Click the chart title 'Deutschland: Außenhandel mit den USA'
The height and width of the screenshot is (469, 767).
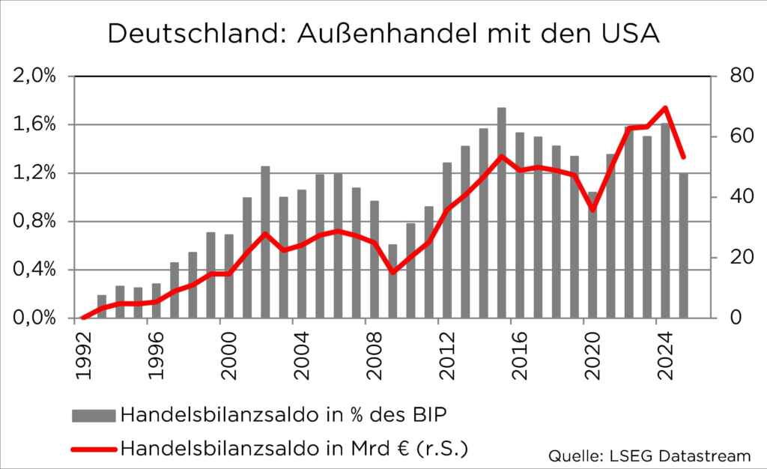(x=383, y=34)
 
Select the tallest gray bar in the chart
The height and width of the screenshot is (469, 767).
(x=502, y=213)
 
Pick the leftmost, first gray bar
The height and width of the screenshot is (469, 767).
(x=102, y=306)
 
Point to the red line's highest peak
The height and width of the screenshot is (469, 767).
(x=665, y=107)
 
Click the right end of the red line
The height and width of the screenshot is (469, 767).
(x=683, y=157)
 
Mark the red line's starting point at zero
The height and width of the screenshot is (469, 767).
(x=83, y=318)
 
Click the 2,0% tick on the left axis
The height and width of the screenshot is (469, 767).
(x=34, y=76)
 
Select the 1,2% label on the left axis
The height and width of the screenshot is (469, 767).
(x=34, y=173)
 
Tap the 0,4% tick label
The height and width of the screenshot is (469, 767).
(x=34, y=270)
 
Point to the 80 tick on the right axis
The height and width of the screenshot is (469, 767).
(x=730, y=76)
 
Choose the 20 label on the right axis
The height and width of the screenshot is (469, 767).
(x=730, y=258)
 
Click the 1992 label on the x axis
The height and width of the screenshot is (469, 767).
(x=84, y=358)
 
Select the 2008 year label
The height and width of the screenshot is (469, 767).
(x=375, y=358)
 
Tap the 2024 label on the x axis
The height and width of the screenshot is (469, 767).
(x=665, y=358)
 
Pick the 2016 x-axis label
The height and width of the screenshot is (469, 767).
(x=520, y=358)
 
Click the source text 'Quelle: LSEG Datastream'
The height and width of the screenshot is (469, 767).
(x=649, y=455)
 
